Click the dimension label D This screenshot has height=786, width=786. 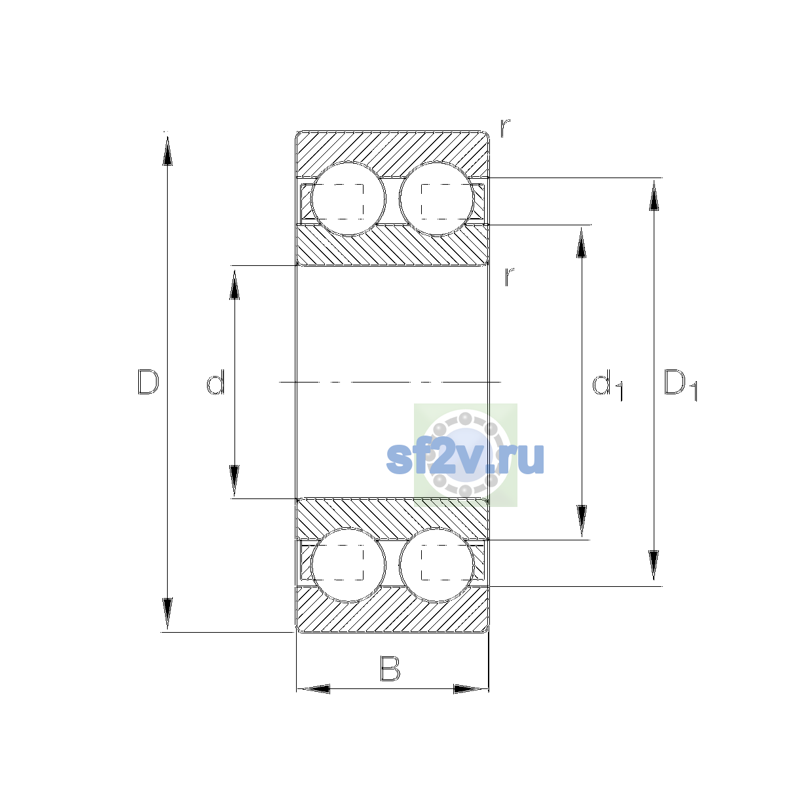148,382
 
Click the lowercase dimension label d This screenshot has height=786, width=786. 215,382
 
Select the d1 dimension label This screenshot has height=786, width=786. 607,384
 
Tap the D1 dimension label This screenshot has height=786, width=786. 681,384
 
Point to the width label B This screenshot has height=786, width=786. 390,668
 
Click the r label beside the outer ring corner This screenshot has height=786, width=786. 505,128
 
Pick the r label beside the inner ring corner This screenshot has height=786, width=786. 509,276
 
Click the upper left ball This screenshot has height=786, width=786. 348,199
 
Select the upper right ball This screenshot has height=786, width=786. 436,199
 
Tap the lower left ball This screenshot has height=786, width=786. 348,565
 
